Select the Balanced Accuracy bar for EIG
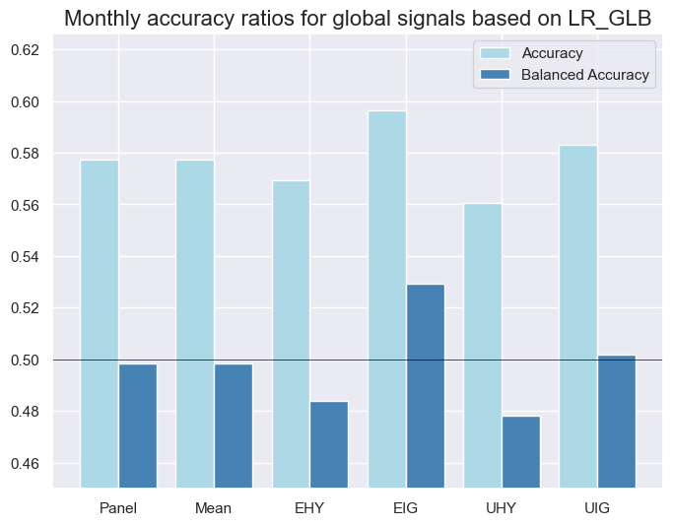426,385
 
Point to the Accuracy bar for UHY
483,345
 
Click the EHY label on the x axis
309,508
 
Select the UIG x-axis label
597,508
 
